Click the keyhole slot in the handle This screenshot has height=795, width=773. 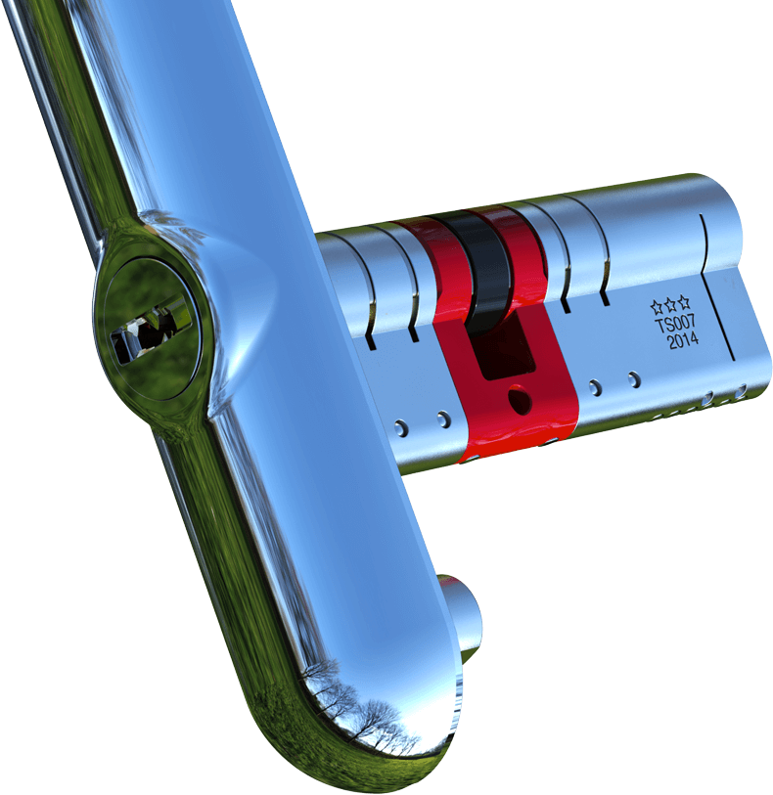pos(147,332)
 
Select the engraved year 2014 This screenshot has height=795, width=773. pos(682,341)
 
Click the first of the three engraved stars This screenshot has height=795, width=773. pos(658,307)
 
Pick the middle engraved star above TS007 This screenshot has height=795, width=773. pos(671,304)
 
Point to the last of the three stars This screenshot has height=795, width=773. pos(684,301)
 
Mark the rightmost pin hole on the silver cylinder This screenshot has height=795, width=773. pos(741,391)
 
